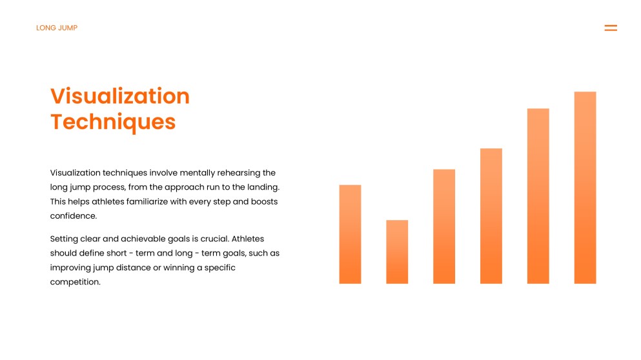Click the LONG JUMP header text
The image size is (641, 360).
point(57,28)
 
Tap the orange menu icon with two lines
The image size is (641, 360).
point(611,28)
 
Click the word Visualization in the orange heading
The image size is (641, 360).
point(120,96)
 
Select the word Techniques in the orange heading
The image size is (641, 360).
point(113,122)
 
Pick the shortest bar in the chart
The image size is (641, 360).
point(397,252)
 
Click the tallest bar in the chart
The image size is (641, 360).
point(585,188)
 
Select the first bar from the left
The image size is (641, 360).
point(350,234)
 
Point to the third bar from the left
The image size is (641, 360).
point(444,226)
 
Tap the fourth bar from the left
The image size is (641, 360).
point(491,215)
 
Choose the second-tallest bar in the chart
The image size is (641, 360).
point(538,196)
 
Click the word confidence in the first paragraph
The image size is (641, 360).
point(73,215)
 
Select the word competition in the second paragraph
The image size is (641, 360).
point(76,283)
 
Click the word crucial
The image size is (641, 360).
point(214,239)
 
